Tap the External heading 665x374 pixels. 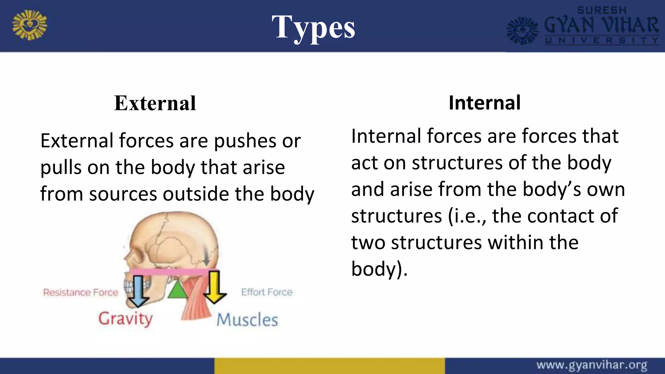click(x=155, y=103)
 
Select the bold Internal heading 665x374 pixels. click(x=484, y=103)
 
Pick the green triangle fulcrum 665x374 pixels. click(x=177, y=289)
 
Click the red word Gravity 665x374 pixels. click(x=125, y=318)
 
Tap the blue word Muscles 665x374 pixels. click(x=247, y=320)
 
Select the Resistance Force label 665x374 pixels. click(x=81, y=293)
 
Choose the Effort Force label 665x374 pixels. click(x=267, y=292)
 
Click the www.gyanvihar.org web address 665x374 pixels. click(x=592, y=365)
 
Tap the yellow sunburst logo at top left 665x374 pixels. click(x=30, y=25)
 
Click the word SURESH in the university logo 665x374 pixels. click(x=602, y=10)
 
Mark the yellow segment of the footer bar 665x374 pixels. click(x=329, y=366)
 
